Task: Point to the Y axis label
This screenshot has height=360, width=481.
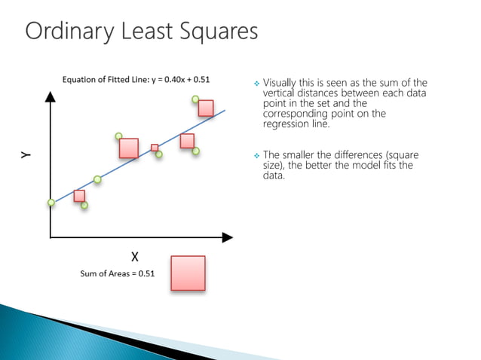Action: point(26,154)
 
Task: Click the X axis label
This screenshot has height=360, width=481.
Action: point(134,256)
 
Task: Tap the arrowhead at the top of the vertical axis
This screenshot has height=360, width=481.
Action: point(51,96)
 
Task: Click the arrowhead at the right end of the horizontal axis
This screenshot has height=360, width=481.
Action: point(227,237)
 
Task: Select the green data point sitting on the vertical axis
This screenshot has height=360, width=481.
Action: point(51,202)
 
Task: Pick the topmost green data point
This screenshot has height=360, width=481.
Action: point(195,99)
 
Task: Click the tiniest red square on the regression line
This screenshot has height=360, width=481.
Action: point(155,148)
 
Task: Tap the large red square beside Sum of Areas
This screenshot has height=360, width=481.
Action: point(188,273)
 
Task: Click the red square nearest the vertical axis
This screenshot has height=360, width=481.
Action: point(79,196)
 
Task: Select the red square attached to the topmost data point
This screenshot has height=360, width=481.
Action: point(206,108)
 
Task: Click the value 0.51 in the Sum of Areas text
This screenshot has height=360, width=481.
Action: point(145,274)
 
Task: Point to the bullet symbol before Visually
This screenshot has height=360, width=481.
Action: point(256,84)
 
